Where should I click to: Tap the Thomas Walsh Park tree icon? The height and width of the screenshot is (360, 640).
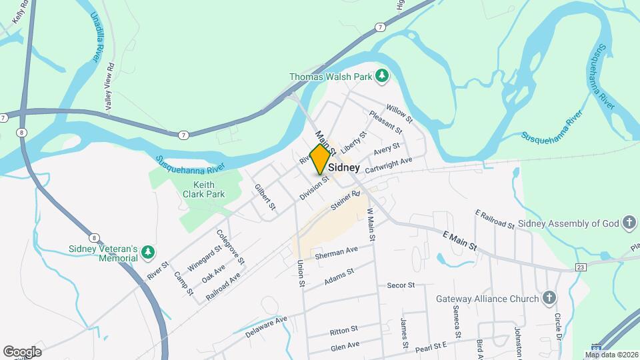(x=382, y=77)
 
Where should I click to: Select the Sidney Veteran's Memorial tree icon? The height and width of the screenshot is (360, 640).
(x=148, y=253)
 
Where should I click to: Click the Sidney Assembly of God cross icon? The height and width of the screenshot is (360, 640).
(x=628, y=223)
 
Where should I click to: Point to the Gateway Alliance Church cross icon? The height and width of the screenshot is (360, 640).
(x=548, y=298)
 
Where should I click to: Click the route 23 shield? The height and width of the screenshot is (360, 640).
(x=581, y=267)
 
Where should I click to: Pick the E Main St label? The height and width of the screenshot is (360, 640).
(x=461, y=241)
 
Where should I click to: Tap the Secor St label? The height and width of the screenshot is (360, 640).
(x=401, y=285)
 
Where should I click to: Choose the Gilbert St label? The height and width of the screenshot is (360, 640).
(x=265, y=197)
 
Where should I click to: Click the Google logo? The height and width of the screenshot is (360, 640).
(x=22, y=351)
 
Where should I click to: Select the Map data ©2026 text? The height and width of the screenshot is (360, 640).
(x=611, y=355)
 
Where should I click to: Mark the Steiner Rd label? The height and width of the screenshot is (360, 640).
(x=347, y=201)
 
